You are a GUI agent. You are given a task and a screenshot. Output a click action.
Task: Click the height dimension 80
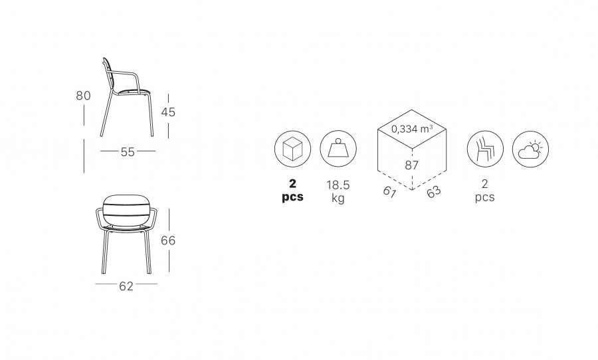pyautogui.click(x=83, y=96)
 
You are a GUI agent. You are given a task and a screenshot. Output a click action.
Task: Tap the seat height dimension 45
pyautogui.click(x=168, y=112)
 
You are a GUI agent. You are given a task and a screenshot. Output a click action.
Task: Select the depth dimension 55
pyautogui.click(x=128, y=152)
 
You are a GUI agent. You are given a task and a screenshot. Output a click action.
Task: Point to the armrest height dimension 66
pyautogui.click(x=168, y=240)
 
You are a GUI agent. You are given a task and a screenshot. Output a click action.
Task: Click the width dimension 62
pyautogui.click(x=126, y=286)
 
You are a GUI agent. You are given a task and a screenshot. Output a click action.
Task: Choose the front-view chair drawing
pyautogui.click(x=126, y=234)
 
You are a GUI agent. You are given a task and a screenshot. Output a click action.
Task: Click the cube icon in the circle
pyautogui.click(x=292, y=149)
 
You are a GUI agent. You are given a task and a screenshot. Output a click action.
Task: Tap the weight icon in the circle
pyautogui.click(x=338, y=149)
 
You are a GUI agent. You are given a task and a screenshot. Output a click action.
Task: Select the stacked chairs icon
pyautogui.click(x=485, y=149)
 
